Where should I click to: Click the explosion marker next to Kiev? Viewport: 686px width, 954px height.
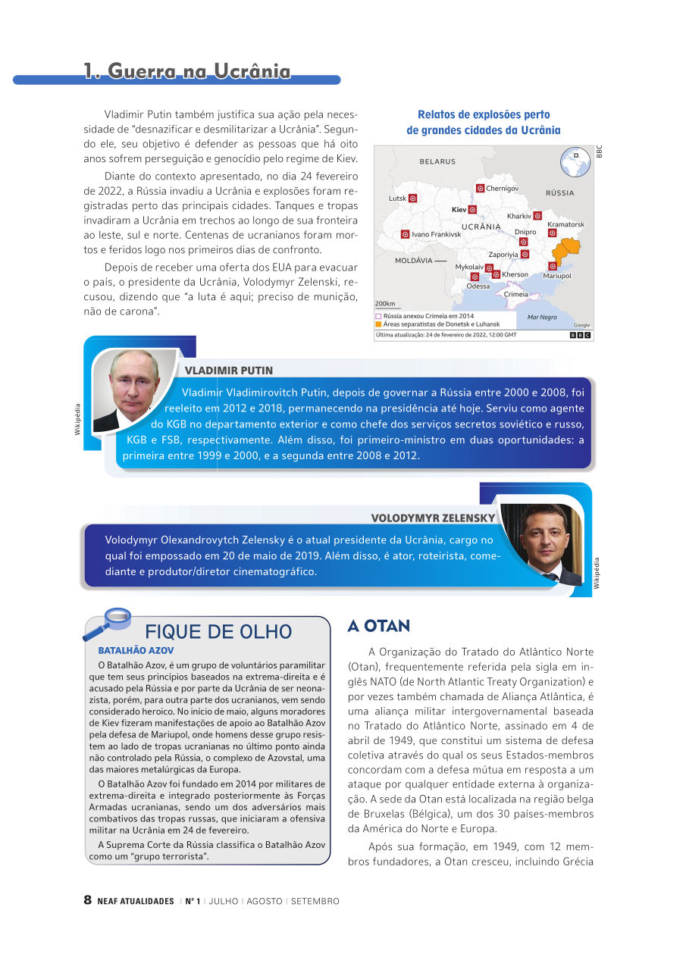472,209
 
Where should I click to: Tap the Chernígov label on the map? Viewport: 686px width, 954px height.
502,188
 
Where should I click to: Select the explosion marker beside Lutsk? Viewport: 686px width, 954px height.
412,199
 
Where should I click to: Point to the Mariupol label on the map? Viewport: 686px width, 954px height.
557,276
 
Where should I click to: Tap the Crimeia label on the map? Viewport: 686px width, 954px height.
515,294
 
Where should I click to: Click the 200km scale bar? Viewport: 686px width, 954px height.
386,305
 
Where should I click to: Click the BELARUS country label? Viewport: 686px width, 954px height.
437,161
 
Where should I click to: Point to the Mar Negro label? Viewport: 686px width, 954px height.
542,317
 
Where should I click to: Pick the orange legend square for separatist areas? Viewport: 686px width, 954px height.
378,324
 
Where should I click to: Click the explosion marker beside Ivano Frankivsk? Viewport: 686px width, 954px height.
406,234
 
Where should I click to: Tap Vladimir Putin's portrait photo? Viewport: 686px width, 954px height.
135,389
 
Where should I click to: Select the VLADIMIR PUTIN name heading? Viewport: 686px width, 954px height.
229,371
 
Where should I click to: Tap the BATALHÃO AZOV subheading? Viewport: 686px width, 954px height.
136,650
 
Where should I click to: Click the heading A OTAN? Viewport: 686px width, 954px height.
378,626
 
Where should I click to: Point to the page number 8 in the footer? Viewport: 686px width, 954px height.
88,901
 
